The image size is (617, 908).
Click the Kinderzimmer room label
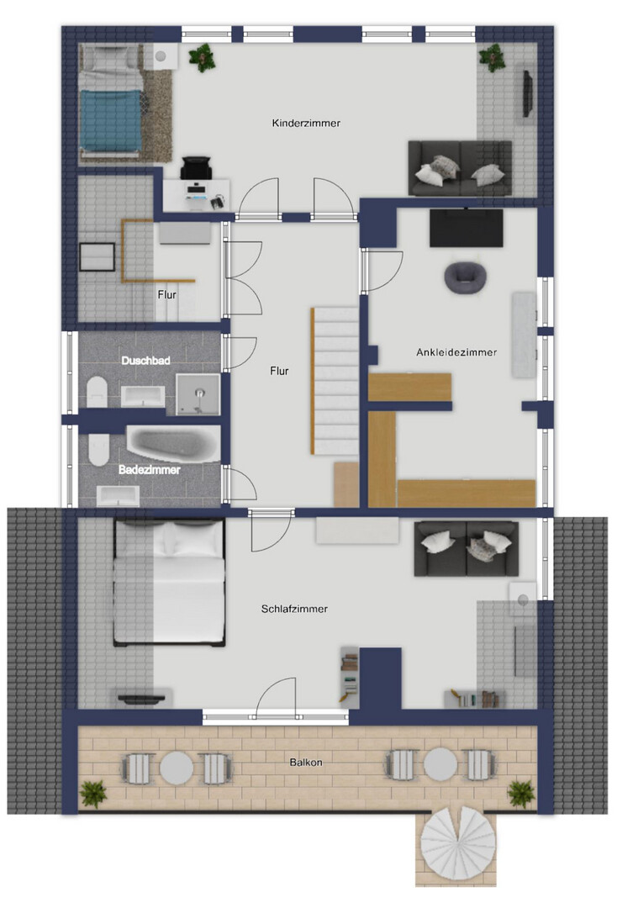pos(306,123)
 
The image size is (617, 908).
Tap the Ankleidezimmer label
pos(456,352)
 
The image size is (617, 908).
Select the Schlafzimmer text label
pos(294,609)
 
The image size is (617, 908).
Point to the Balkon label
pos(306,762)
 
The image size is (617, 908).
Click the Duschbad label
pos(146,360)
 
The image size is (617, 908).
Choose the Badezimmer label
pos(150,470)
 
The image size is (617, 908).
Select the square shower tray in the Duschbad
pos(198,393)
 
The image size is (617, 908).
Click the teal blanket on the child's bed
pos(111,120)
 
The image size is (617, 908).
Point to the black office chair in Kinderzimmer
pos(196,168)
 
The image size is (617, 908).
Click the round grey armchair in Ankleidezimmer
pos(465,277)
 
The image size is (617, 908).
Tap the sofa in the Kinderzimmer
pos(460,168)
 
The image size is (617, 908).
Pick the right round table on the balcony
pos(440,764)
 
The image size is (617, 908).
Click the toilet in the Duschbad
pos(98,392)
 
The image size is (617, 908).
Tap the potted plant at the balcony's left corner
pos(93,794)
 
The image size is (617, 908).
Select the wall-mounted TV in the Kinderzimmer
pos(527,94)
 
